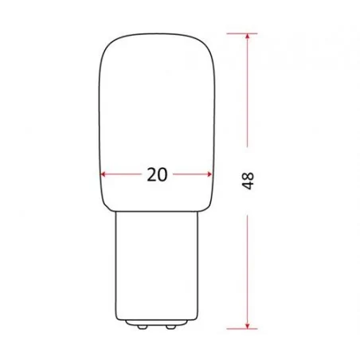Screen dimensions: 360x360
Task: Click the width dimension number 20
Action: [158, 175]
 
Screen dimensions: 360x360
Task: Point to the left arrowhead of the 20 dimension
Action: [104, 175]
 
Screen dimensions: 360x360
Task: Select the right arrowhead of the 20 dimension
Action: [211, 175]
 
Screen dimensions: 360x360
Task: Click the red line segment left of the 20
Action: [123, 175]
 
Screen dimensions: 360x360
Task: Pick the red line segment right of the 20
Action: [193, 175]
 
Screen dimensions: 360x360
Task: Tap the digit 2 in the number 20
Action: [151, 175]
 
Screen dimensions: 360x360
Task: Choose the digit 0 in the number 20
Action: [163, 175]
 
